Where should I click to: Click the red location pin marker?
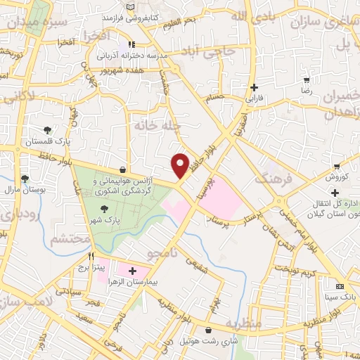181,166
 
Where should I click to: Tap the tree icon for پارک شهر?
105,208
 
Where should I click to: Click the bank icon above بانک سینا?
340,287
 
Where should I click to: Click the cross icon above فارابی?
255,88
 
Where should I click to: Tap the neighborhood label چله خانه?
156,125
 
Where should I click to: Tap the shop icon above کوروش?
339,167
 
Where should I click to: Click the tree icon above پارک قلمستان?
47,129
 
